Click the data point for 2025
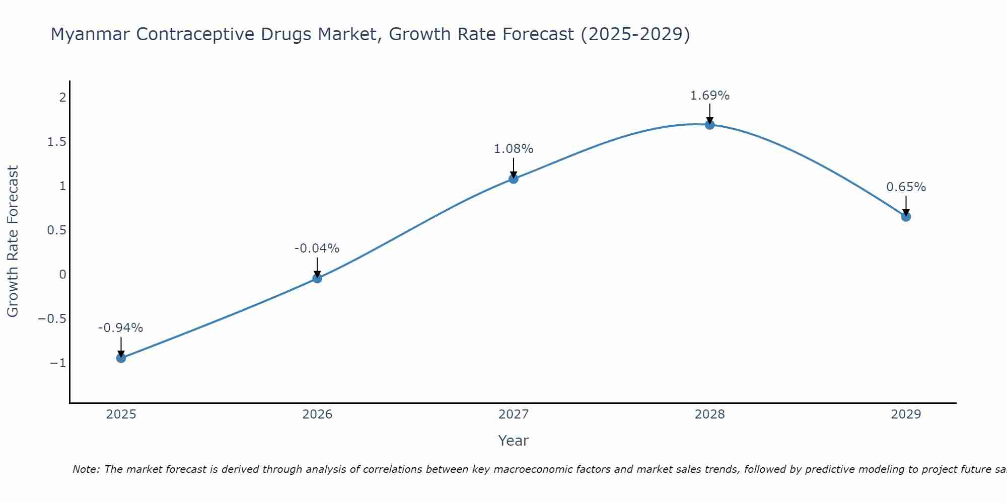(x=121, y=358)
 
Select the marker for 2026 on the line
(x=317, y=278)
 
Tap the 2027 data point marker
(x=514, y=179)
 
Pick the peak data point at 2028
(x=709, y=125)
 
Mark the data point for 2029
(x=906, y=217)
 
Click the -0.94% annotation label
(x=120, y=328)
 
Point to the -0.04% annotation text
(x=317, y=248)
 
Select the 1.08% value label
(x=513, y=149)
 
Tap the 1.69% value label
(x=709, y=96)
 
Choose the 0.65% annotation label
(x=906, y=187)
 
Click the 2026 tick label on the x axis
(x=317, y=414)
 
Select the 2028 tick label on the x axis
(x=709, y=414)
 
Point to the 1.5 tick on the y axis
(x=57, y=142)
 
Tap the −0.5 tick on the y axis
(x=52, y=319)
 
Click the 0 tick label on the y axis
(x=62, y=275)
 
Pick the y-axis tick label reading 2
(x=62, y=98)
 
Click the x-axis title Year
(x=513, y=441)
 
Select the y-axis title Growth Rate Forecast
(x=13, y=241)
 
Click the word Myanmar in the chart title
(x=90, y=34)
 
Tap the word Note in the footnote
(x=86, y=469)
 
